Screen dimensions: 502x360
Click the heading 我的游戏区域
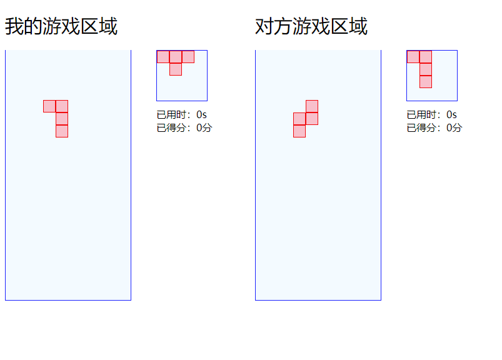(61, 27)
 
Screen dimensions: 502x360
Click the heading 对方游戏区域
(311, 27)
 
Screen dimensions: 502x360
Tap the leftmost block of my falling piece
(49, 106)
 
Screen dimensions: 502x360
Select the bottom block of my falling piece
(62, 131)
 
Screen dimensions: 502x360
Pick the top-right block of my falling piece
(62, 106)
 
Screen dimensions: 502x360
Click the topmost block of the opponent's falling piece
(312, 106)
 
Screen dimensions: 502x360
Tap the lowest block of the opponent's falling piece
(299, 131)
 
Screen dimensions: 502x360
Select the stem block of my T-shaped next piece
(176, 69)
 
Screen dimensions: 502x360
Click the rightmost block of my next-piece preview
(188, 57)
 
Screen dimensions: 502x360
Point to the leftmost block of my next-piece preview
(163, 57)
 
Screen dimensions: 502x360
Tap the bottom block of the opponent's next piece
(426, 82)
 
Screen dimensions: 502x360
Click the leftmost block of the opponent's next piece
(413, 57)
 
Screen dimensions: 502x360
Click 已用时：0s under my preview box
(182, 115)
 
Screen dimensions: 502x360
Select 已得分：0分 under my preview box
(184, 128)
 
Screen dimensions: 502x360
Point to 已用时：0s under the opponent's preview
(432, 115)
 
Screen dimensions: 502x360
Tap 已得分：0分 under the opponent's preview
(434, 128)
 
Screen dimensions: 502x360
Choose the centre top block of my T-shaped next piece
(176, 57)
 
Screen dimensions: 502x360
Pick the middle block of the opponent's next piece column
(426, 69)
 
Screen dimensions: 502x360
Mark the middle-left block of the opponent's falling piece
(299, 119)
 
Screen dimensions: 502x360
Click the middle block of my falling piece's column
(62, 119)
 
